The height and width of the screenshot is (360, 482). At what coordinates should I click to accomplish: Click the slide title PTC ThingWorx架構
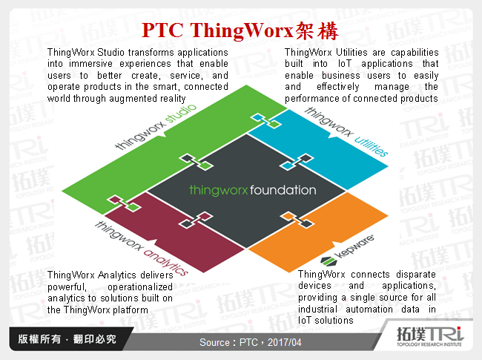click(240, 31)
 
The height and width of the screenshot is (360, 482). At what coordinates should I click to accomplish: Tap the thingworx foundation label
click(252, 190)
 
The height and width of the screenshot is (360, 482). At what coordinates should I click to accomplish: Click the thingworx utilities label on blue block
click(346, 132)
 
